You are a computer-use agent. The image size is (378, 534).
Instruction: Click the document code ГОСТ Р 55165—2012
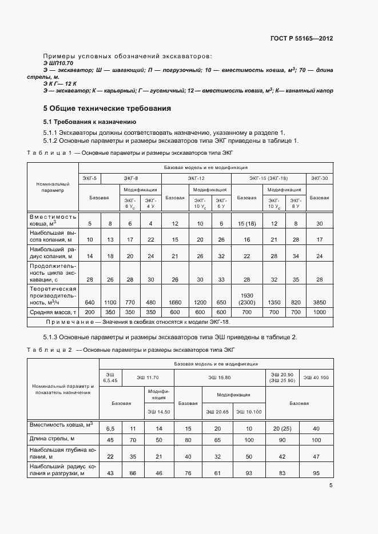[x=301, y=39]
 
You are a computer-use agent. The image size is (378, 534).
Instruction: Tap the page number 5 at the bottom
[x=331, y=485]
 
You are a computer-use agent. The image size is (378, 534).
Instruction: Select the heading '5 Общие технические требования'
[x=108, y=108]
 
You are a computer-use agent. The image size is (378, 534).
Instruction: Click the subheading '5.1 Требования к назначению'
[x=89, y=122]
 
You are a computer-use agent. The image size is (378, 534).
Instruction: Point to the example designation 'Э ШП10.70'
[x=58, y=62]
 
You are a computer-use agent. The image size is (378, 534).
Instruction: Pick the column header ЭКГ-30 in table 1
[x=319, y=179]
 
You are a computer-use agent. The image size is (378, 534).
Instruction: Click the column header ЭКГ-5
[x=90, y=179]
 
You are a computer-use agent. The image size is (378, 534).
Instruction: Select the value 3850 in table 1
[x=319, y=302]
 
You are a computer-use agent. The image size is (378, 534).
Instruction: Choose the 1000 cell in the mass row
[x=319, y=312]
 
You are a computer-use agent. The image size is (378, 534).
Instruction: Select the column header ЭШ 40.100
[x=316, y=378]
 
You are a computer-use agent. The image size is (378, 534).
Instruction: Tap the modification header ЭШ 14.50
[x=160, y=411]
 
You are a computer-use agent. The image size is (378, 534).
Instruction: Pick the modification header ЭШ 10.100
[x=249, y=411]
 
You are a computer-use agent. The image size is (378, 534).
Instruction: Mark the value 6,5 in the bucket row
[x=110, y=428]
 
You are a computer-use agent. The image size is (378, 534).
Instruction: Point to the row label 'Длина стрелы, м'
[x=53, y=439]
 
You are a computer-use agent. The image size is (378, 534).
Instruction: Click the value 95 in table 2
[x=316, y=473]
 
